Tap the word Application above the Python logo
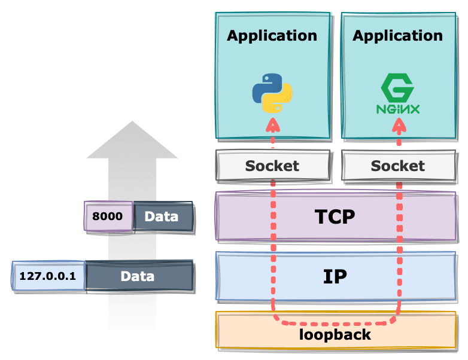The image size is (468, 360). (272, 35)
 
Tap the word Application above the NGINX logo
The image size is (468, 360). (398, 35)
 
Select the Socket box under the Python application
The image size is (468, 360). (272, 166)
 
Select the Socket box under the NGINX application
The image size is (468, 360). (398, 166)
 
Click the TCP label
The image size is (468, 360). (335, 216)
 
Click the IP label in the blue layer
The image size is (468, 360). (335, 276)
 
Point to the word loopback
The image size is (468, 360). (335, 334)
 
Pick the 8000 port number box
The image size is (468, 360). (108, 216)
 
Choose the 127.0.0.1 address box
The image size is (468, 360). (48, 276)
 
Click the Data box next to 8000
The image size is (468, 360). (162, 216)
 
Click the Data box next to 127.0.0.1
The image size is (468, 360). (138, 276)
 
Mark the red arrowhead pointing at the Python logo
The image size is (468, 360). (273, 124)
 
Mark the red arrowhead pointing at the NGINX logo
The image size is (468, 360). (399, 124)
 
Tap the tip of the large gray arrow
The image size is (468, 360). (132, 122)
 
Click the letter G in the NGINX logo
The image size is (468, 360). (398, 90)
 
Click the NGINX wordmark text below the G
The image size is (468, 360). (398, 109)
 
